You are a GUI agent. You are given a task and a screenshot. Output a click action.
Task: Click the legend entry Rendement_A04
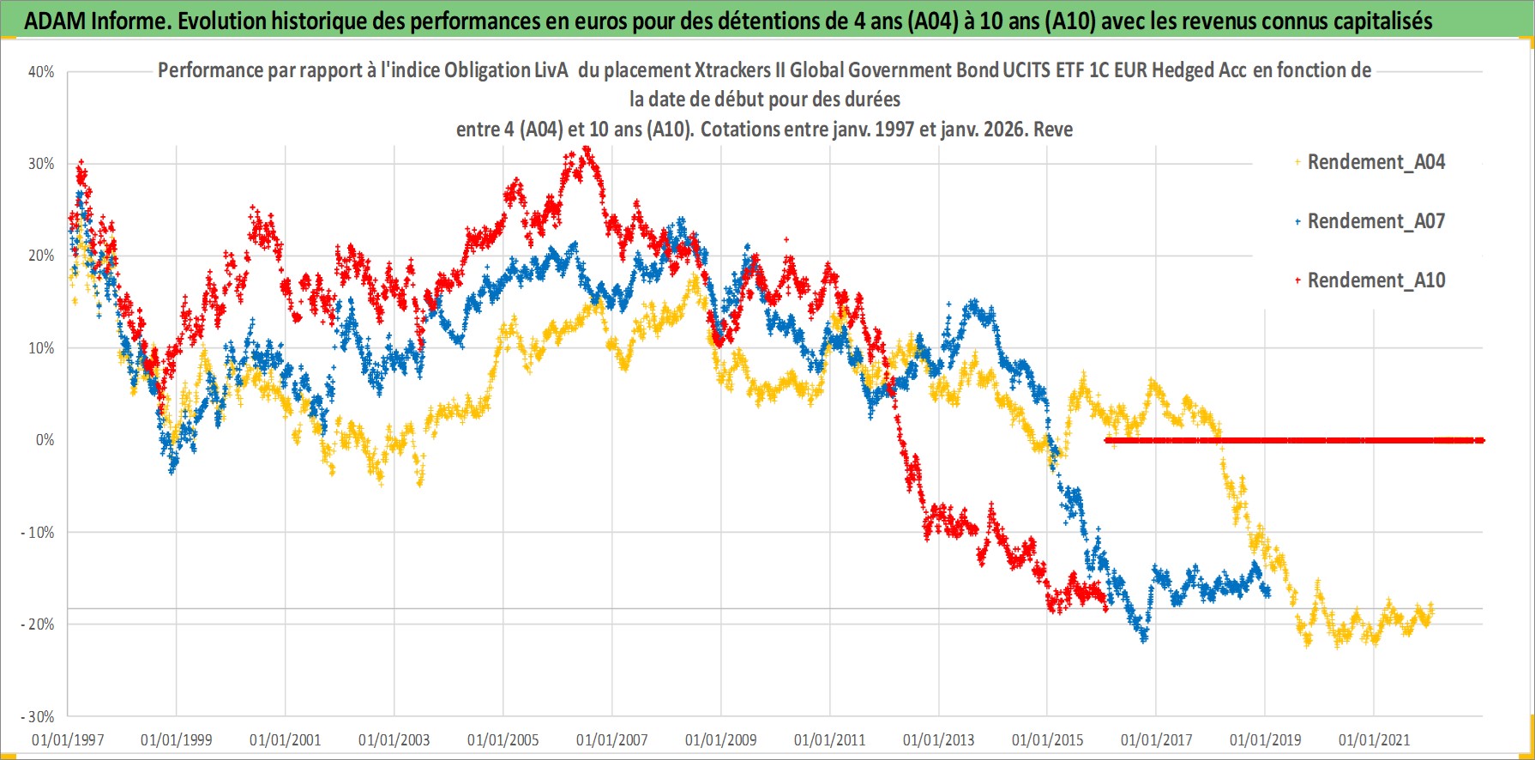coord(1375,162)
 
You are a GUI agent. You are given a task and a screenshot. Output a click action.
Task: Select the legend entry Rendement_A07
coord(1375,221)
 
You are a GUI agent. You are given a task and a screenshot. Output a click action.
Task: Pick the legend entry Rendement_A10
coord(1375,280)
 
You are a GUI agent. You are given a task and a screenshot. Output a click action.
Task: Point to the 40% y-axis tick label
coord(41,72)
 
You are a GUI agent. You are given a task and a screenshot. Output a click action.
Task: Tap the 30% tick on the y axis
coord(41,164)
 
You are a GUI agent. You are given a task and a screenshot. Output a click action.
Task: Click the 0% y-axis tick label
coord(45,440)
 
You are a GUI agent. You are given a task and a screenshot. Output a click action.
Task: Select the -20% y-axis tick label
coord(38,624)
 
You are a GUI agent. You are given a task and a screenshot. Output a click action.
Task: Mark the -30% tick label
coord(38,716)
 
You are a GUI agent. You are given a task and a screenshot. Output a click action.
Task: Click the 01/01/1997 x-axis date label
coord(68,739)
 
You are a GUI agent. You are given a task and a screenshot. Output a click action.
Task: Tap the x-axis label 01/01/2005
coord(503,739)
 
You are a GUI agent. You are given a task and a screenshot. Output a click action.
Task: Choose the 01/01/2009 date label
coord(721,739)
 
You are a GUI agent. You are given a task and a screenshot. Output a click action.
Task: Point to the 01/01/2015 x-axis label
coord(1048,739)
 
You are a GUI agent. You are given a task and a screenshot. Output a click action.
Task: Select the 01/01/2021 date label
coord(1374,739)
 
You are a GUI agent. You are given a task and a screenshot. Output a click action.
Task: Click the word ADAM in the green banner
coord(55,21)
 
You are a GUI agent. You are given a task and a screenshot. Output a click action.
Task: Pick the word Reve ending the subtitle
coord(1053,130)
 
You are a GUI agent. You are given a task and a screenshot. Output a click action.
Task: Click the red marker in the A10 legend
coord(1297,280)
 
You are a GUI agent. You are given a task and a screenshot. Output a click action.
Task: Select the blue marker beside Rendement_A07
coord(1297,221)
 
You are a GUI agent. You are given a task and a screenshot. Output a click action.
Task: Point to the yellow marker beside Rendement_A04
coord(1297,162)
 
